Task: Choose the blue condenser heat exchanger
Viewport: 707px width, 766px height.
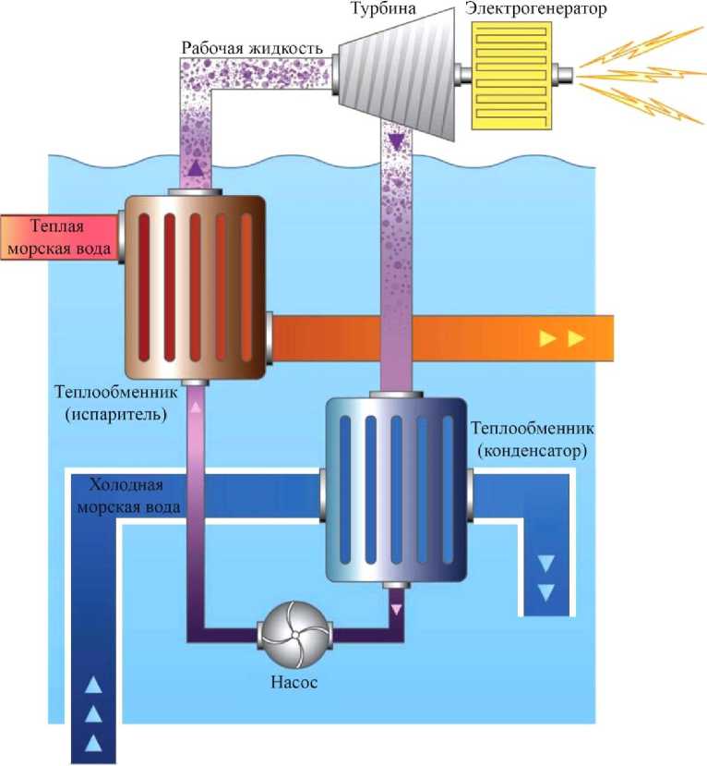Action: point(396,492)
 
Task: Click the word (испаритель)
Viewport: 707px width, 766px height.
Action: point(116,415)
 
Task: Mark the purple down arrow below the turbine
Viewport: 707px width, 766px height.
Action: point(397,141)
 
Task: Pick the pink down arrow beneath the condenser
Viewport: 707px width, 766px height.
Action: point(398,609)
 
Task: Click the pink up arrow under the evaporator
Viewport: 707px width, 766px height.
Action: point(195,403)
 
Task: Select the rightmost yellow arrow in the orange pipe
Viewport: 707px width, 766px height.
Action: point(577,338)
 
